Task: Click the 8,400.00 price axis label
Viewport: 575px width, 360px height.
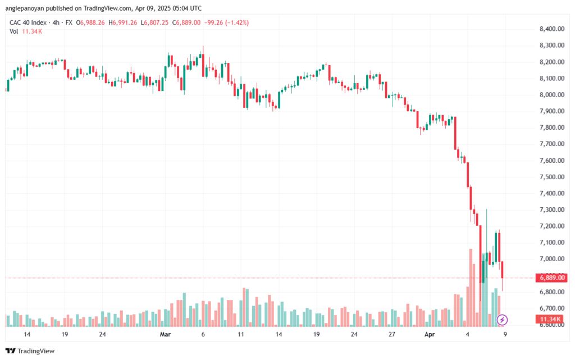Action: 552,29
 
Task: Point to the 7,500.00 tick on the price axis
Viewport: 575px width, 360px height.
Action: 552,177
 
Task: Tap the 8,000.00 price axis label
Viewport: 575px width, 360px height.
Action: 552,94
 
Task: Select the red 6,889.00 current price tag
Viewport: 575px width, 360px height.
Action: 551,277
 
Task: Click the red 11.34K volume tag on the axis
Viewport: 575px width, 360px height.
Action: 550,319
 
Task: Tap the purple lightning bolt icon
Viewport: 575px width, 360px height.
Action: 502,320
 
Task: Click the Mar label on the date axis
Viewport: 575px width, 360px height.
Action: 166,334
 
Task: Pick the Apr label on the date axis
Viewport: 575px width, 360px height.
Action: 430,334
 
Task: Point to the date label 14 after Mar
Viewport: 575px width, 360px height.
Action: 279,334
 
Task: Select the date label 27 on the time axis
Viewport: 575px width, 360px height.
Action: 392,334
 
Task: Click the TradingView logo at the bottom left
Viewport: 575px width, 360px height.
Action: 30,351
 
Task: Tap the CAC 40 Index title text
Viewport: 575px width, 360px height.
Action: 28,22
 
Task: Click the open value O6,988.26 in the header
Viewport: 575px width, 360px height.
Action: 90,22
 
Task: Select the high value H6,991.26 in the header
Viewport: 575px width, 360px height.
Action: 123,22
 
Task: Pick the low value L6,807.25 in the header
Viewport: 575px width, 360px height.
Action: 155,22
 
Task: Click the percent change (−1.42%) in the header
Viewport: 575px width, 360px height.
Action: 237,22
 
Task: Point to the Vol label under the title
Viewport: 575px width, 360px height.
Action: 14,31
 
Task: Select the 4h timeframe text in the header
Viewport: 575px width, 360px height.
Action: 56,22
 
